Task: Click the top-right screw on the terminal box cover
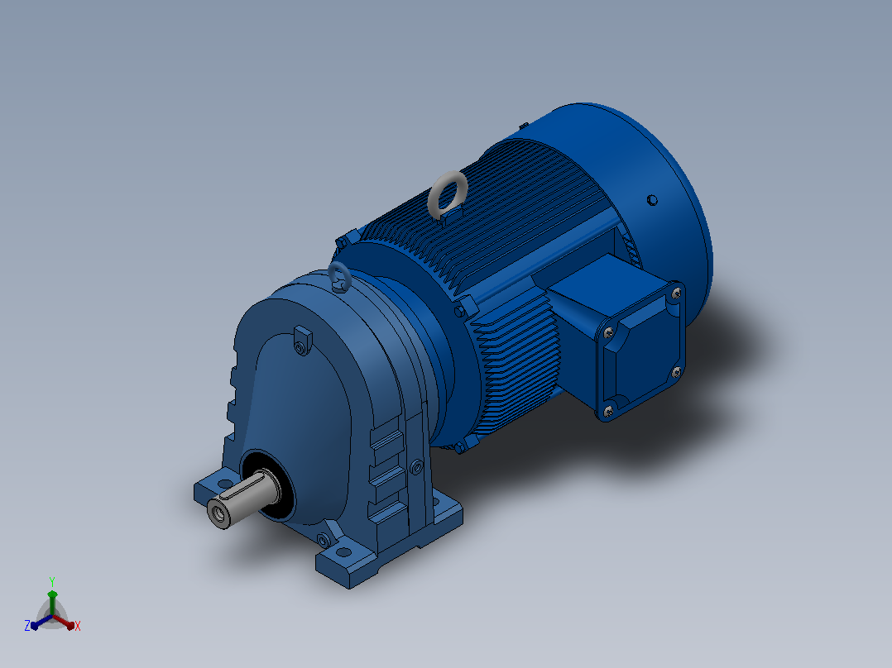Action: [676, 293]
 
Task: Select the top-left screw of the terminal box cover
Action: [609, 332]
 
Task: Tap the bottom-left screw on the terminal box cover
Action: [607, 410]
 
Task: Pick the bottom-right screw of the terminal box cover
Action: [676, 372]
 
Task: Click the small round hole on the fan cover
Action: [653, 200]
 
